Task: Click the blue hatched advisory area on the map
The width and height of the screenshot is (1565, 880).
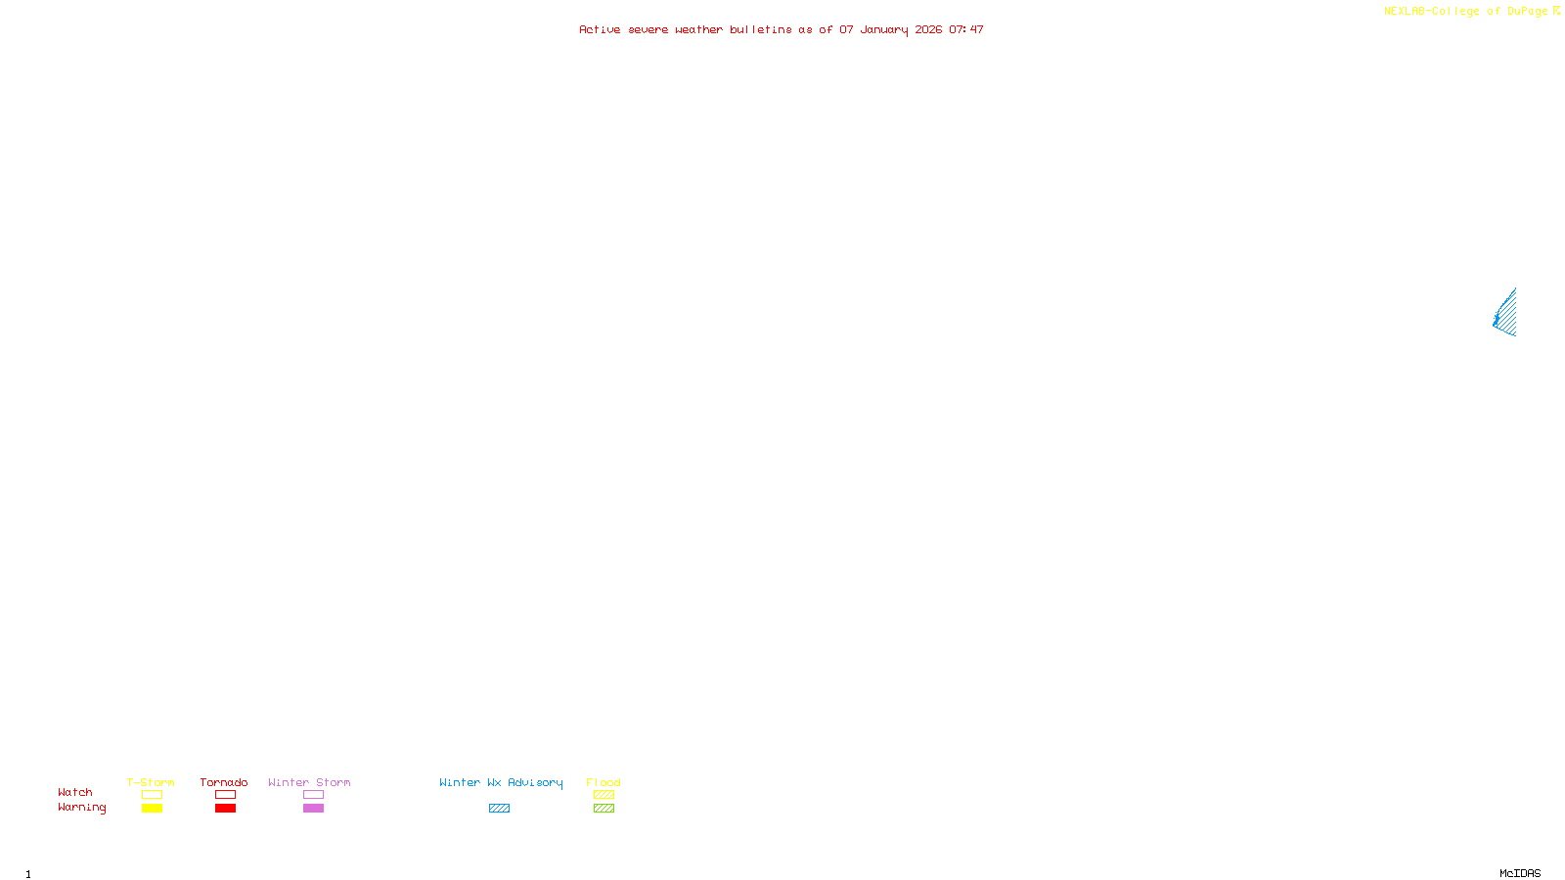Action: point(1507,315)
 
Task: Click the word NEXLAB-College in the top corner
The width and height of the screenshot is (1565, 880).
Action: point(1431,12)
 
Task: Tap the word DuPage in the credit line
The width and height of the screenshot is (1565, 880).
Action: point(1527,12)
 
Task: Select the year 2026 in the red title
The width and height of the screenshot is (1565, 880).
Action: point(928,29)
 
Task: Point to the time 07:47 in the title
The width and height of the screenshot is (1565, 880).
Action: point(966,29)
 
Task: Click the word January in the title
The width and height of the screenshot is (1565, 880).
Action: point(883,29)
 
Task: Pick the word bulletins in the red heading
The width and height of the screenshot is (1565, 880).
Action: point(760,29)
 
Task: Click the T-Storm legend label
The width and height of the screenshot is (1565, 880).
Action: point(151,782)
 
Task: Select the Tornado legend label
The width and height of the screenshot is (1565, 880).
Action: point(224,782)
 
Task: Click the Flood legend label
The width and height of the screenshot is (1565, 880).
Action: point(604,782)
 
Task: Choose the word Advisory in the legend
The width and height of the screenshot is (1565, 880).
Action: point(535,782)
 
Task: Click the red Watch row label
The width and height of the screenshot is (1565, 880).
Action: point(75,792)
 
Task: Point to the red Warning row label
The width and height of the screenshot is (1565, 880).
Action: point(81,808)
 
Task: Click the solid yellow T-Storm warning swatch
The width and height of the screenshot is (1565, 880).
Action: point(152,809)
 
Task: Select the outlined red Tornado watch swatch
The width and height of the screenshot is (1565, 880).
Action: point(225,795)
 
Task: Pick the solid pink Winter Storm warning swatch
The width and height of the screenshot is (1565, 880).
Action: point(313,809)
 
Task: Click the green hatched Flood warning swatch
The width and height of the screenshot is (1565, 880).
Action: point(604,809)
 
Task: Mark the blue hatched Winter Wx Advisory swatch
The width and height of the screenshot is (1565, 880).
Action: point(499,809)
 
